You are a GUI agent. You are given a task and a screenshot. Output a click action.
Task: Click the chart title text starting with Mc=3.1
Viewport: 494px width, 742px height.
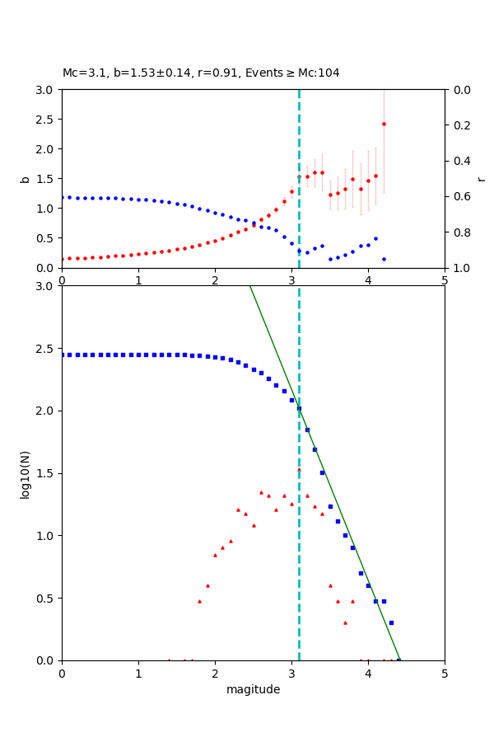tap(201, 73)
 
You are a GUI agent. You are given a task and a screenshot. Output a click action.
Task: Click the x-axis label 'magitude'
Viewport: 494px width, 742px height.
tap(253, 689)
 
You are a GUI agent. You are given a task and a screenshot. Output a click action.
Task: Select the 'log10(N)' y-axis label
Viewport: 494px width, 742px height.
tap(25, 473)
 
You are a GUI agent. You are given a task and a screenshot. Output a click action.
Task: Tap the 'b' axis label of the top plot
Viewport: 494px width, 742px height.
tap(25, 179)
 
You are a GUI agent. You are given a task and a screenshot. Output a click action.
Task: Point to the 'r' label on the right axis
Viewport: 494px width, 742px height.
tap(481, 179)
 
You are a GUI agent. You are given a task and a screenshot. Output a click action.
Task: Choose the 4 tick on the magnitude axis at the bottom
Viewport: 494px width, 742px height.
tap(368, 673)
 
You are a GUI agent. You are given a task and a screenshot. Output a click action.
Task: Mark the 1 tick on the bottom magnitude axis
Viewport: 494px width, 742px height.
tap(138, 673)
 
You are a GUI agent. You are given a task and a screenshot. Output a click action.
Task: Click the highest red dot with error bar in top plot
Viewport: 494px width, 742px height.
tap(384, 124)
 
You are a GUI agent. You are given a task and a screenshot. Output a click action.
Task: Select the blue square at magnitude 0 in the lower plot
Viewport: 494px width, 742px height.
tap(63, 355)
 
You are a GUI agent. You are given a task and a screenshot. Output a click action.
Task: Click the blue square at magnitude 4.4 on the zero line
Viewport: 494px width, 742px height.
tap(398, 660)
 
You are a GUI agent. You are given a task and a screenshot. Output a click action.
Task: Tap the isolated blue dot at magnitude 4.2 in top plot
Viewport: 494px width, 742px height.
tap(384, 259)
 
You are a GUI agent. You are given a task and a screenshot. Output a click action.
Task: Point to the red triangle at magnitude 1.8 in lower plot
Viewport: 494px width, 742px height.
tap(199, 601)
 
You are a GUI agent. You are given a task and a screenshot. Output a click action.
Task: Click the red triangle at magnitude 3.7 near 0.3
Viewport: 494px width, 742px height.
tap(345, 622)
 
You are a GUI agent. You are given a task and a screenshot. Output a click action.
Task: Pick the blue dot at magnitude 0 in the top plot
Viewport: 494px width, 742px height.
tap(63, 197)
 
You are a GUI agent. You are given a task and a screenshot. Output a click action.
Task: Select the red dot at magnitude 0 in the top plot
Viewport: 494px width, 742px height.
tap(63, 259)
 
